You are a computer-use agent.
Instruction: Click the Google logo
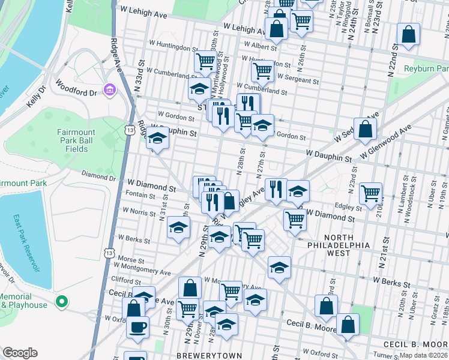(20, 353)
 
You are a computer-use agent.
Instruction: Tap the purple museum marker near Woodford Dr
(109, 91)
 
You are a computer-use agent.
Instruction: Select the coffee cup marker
(137, 327)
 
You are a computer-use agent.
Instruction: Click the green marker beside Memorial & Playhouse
(60, 301)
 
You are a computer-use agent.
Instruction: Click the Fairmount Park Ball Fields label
(76, 140)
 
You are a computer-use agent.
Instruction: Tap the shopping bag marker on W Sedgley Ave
(365, 129)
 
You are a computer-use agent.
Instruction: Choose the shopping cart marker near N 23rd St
(371, 193)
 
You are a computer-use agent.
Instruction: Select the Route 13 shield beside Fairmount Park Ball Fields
(130, 129)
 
